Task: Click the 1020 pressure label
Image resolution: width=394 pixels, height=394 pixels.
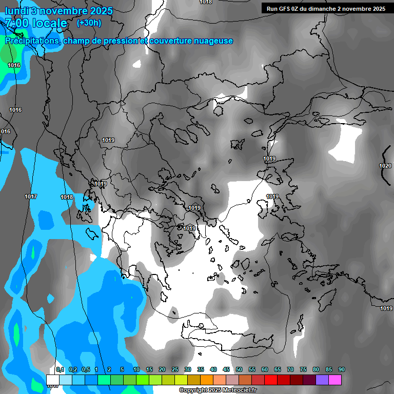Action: tap(385, 166)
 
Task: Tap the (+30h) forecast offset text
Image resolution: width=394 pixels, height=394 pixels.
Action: tap(89, 23)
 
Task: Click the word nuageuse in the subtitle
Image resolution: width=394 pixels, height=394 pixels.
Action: tap(214, 41)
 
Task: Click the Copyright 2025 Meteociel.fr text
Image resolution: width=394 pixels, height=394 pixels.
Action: tap(218, 390)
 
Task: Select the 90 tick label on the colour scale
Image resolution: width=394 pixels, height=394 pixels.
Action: tap(342, 369)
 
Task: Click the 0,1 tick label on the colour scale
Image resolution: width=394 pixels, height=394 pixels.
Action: tap(60, 369)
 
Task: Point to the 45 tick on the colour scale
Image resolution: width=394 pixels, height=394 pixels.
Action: tap(226, 369)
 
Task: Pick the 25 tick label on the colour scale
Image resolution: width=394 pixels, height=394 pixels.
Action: tap(175, 369)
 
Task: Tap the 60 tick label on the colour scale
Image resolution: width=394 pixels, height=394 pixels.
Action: tap(265, 369)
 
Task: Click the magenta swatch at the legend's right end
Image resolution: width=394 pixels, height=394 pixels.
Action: tap(335, 380)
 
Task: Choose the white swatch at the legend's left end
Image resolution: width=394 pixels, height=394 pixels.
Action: tap(53, 380)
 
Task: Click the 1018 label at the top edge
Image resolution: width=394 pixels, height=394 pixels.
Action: tap(206, 2)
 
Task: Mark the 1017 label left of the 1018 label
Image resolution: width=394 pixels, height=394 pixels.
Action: tap(31, 196)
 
